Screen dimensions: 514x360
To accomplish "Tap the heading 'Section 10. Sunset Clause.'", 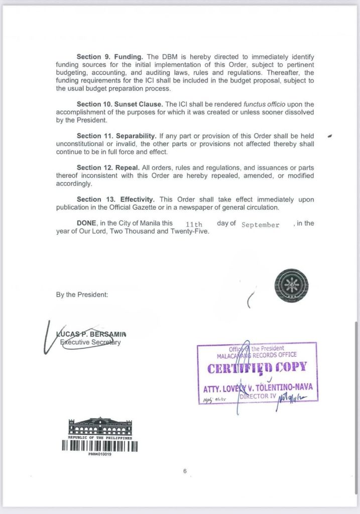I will coord(120,104).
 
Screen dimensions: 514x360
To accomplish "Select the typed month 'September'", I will coord(260,225).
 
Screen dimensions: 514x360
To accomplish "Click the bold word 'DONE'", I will coord(87,223).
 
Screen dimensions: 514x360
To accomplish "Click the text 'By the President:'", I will coord(82,295).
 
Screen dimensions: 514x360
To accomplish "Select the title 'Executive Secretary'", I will coord(91,342).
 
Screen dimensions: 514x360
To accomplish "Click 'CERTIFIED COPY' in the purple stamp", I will coord(257,367).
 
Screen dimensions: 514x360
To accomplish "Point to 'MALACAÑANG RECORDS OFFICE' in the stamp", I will coord(256,355).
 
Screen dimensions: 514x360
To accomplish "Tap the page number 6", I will coord(185,471).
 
